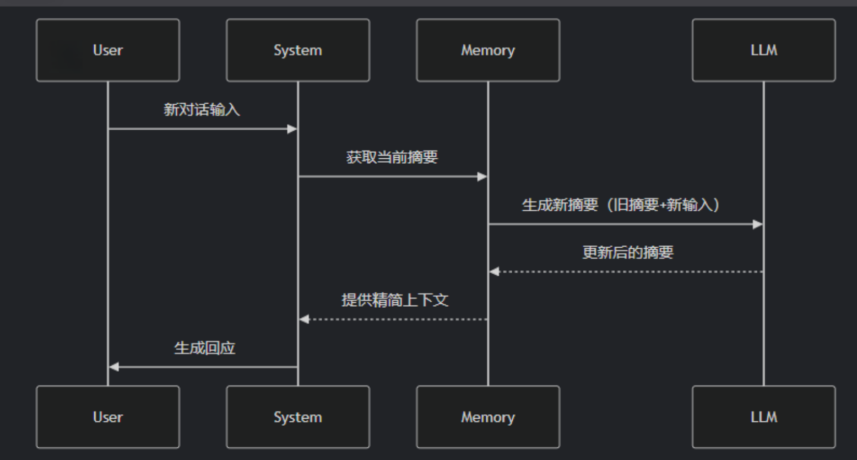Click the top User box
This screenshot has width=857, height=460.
(x=108, y=50)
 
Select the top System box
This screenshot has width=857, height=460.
(x=298, y=50)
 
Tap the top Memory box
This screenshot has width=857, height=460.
(x=488, y=50)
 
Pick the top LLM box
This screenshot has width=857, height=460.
(x=763, y=50)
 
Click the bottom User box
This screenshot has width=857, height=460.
(x=108, y=417)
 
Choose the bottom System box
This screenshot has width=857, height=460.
(x=298, y=417)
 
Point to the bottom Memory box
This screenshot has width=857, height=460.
(x=488, y=417)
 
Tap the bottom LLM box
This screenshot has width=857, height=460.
(x=763, y=417)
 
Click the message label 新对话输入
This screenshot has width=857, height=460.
(x=202, y=110)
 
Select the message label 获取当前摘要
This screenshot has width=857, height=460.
(x=392, y=157)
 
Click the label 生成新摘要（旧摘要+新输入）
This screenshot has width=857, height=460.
(x=621, y=205)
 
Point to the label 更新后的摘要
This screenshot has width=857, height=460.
(x=628, y=253)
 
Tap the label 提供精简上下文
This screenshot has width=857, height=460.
(x=395, y=301)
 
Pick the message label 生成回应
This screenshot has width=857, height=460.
(x=204, y=348)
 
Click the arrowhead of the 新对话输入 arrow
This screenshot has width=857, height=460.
(x=292, y=129)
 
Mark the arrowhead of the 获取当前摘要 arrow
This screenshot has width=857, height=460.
(x=482, y=176)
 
